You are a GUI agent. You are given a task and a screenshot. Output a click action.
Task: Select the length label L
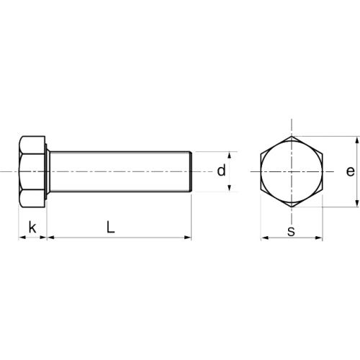click(x=109, y=227)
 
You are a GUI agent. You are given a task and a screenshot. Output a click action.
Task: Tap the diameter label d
click(x=222, y=171)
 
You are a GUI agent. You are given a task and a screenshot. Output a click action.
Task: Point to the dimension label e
click(x=349, y=171)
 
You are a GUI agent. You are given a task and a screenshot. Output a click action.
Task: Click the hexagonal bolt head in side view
click(x=32, y=171)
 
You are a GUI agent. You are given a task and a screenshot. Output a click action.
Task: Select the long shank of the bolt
click(x=119, y=171)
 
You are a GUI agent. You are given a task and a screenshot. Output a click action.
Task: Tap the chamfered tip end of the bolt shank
click(x=191, y=171)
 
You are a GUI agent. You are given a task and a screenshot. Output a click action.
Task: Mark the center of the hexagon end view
click(x=291, y=171)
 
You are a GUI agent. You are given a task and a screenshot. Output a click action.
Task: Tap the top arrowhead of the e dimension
click(x=357, y=139)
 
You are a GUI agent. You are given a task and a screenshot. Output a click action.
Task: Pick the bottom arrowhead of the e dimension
click(x=357, y=204)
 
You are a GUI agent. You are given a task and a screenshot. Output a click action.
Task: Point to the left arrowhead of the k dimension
click(x=20, y=236)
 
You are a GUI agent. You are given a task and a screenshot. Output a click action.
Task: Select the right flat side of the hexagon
click(x=322, y=171)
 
